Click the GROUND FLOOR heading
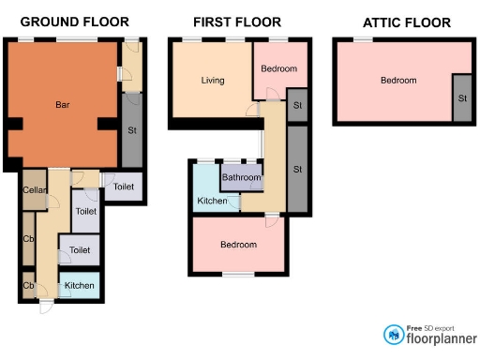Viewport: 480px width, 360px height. [74, 22]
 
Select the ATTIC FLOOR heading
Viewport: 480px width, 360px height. [406, 22]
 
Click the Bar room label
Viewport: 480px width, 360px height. [62, 104]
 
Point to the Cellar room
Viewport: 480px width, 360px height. [34, 190]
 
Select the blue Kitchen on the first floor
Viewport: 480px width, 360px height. [212, 202]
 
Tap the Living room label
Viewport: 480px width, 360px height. [213, 81]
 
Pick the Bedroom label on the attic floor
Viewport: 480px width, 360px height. [397, 81]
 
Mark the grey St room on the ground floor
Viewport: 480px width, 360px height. [131, 130]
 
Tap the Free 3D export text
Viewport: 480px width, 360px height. [430, 326]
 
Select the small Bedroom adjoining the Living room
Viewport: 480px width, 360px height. [278, 69]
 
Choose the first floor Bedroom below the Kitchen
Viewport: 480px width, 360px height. [238, 245]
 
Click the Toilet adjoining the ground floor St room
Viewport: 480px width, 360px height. [124, 187]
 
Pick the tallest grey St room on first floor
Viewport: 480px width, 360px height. [297, 169]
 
